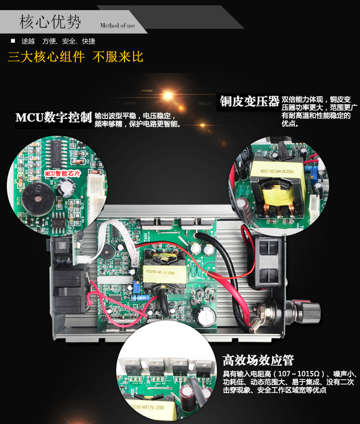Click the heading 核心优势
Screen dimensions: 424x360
50,21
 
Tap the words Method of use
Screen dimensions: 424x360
118,26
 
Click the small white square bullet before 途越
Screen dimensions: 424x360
13,41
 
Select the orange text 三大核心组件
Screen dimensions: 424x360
46,57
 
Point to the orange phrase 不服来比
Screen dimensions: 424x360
118,57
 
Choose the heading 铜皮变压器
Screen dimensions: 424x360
249,102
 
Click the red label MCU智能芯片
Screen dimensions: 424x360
62,174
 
